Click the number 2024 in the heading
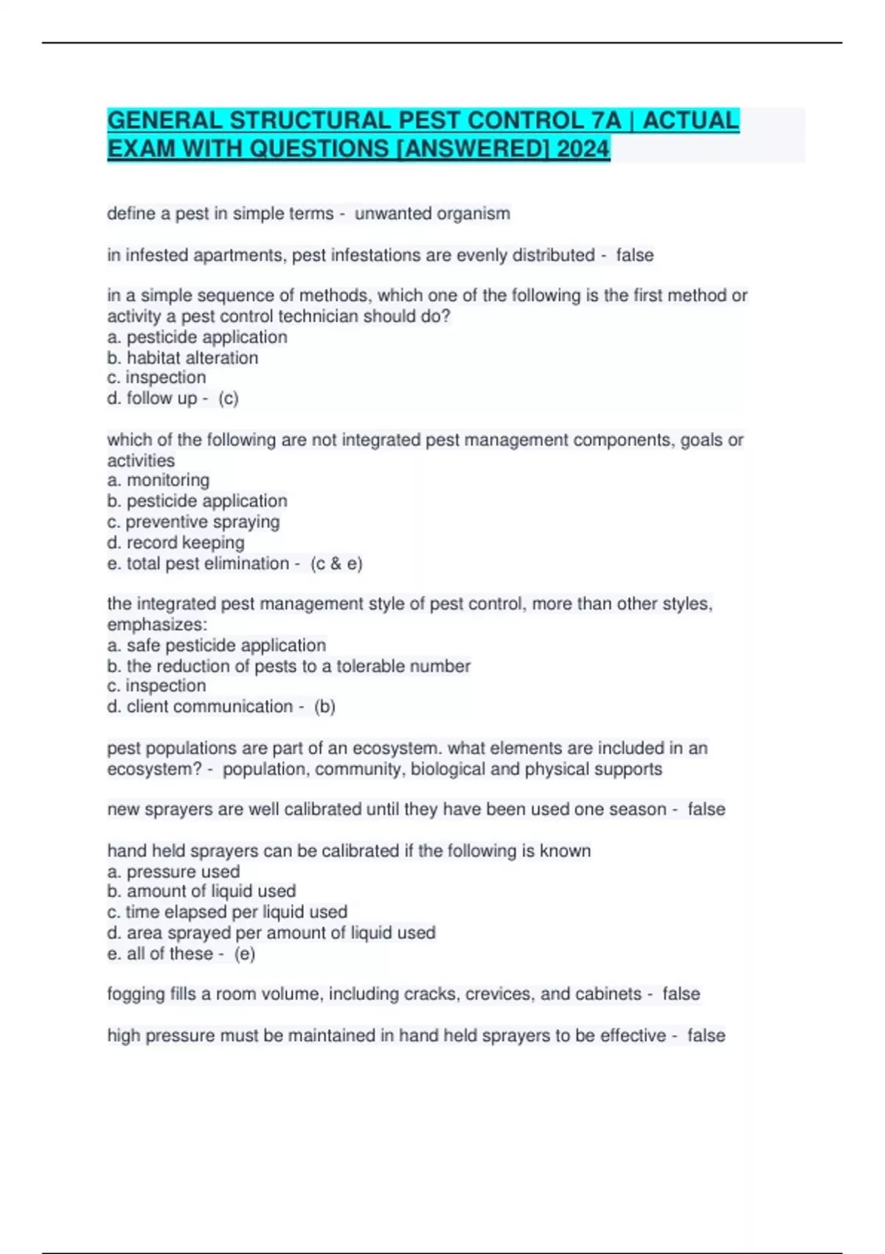pyautogui.click(x=583, y=149)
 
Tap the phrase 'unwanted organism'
pyautogui.click(x=432, y=214)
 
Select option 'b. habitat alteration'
pyautogui.click(x=183, y=358)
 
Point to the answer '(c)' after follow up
pyautogui.click(x=229, y=398)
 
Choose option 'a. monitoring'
pyautogui.click(x=159, y=480)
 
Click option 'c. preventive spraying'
pyautogui.click(x=193, y=522)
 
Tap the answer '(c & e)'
pyautogui.click(x=336, y=564)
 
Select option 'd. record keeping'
pyautogui.click(x=176, y=543)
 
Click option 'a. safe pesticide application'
pyautogui.click(x=217, y=645)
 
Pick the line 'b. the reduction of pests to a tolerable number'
pyautogui.click(x=288, y=666)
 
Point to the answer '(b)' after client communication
pyautogui.click(x=324, y=707)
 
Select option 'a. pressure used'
pyautogui.click(x=173, y=871)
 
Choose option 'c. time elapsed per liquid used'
pyautogui.click(x=227, y=912)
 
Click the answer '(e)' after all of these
pyautogui.click(x=245, y=954)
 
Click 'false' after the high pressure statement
pyautogui.click(x=706, y=1036)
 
